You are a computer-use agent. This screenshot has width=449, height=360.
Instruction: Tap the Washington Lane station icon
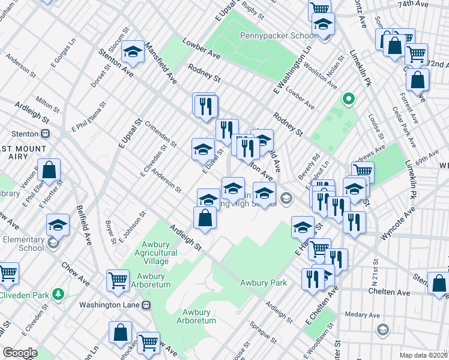[146, 305]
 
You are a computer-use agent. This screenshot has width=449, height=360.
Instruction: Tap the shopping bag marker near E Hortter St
[49, 170]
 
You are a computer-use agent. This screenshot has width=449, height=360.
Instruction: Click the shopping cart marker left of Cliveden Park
[7, 273]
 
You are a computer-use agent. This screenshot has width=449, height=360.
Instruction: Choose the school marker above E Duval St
[203, 148]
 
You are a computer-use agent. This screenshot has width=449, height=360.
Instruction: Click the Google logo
[20, 353]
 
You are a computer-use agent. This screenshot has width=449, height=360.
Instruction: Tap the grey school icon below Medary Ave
[382, 329]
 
